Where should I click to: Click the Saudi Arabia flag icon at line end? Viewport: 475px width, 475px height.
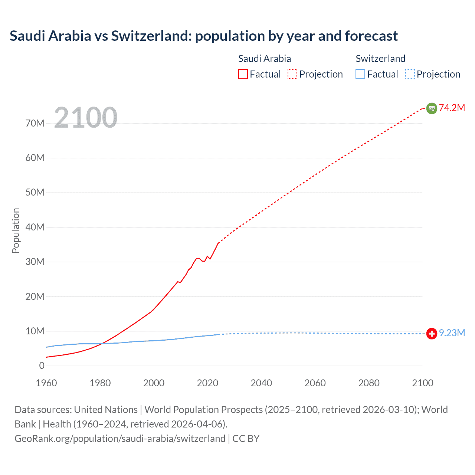point(432,108)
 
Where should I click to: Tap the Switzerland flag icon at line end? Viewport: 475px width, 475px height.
point(432,334)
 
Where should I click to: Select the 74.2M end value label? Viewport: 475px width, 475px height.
point(452,108)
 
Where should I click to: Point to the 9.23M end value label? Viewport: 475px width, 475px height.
point(452,333)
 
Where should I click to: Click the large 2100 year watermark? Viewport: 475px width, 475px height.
point(86,118)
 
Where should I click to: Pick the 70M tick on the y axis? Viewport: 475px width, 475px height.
point(35,123)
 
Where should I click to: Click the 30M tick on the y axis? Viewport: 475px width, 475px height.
point(35,262)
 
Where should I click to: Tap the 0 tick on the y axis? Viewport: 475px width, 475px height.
point(42,366)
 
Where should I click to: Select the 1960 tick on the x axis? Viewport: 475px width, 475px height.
point(46,383)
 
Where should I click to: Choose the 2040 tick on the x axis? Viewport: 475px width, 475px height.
point(261,383)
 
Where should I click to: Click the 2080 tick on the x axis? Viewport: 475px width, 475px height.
point(369,383)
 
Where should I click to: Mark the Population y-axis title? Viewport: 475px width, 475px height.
point(16,230)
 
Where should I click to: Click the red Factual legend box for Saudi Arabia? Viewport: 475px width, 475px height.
point(243,74)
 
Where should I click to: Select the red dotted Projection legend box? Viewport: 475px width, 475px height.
point(292,74)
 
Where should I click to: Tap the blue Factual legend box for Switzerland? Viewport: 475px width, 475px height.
point(360,74)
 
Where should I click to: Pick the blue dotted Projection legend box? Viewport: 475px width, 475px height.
point(410,74)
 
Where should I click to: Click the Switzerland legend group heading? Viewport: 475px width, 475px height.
point(380,59)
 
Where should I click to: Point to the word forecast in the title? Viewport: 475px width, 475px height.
point(371,36)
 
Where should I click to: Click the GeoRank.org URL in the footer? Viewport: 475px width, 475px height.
point(120,438)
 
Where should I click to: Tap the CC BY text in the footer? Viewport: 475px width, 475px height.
point(246,438)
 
